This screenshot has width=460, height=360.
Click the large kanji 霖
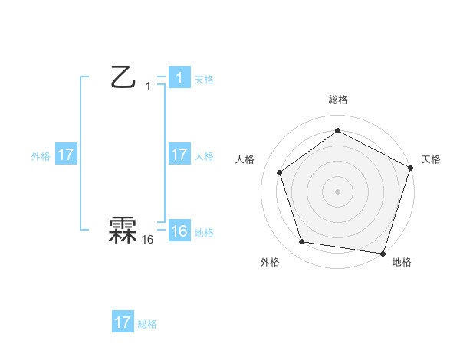(x=123, y=231)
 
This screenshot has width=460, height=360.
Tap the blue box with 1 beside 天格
(x=179, y=78)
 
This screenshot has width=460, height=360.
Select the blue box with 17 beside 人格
(x=179, y=154)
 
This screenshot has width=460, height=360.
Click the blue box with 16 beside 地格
(x=179, y=231)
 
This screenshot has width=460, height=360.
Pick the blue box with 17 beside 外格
(x=66, y=155)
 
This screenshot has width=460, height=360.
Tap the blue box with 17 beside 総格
(x=123, y=322)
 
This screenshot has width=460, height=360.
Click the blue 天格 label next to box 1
(x=204, y=80)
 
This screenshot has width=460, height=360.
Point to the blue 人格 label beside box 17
(x=204, y=156)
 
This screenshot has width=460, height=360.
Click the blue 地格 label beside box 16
(x=204, y=233)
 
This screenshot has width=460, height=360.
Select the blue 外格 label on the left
(x=41, y=156)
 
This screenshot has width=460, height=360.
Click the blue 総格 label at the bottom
(x=147, y=324)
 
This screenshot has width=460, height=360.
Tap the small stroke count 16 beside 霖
(x=148, y=240)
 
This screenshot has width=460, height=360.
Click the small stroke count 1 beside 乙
(x=148, y=87)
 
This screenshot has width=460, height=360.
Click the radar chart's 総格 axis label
(x=337, y=100)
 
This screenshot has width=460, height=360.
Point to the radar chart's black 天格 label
(x=431, y=159)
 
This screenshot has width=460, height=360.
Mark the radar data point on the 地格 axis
(x=383, y=253)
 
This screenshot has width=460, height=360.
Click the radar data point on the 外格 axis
(x=302, y=242)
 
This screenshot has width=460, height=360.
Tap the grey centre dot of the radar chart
(x=337, y=191)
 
